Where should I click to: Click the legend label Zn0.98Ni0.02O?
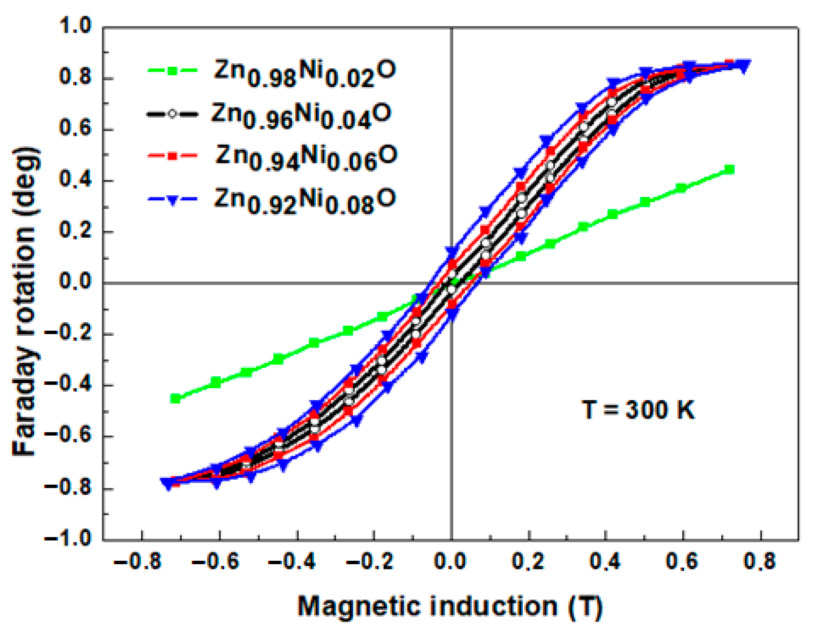pos(304,74)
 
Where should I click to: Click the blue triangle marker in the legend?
pos(172,201)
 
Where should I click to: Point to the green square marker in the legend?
pos(172,71)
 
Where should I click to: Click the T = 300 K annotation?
pos(638,410)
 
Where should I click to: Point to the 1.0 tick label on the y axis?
pos(75,27)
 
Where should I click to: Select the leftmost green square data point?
pos(175,399)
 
